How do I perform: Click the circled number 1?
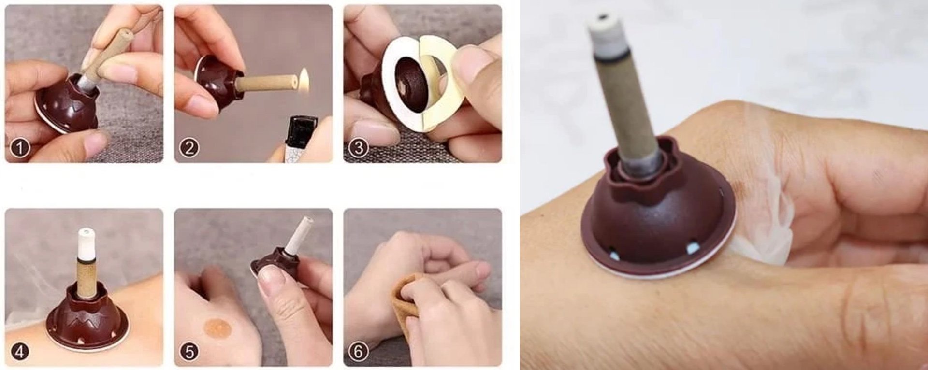pos(20,147)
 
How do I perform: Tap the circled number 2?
pos(189,147)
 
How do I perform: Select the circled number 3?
pos(358,147)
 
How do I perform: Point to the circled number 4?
pos(20,351)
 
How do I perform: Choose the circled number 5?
pos(189,351)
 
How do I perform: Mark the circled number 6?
pos(358,351)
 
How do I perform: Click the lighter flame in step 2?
pos(304,77)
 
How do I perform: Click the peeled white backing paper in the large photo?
pos(764,222)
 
